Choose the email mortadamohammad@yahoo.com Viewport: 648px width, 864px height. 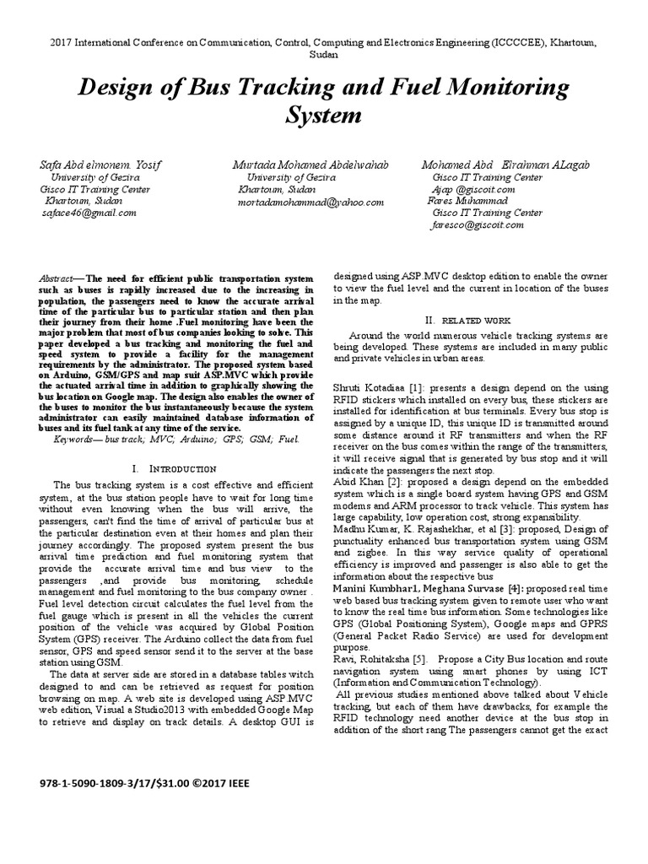(x=310, y=202)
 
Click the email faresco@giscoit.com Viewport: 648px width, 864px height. (x=476, y=226)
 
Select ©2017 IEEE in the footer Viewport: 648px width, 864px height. (x=222, y=783)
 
